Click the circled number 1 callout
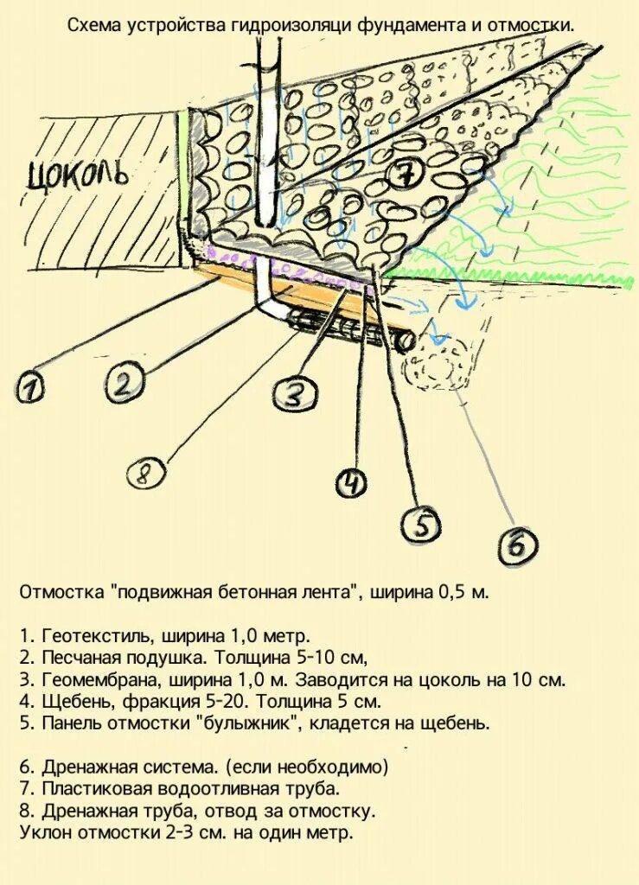pyautogui.click(x=31, y=388)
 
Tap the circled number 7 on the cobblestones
pyautogui.click(x=405, y=176)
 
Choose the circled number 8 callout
pyautogui.click(x=145, y=472)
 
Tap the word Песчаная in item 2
pyautogui.click(x=73, y=658)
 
